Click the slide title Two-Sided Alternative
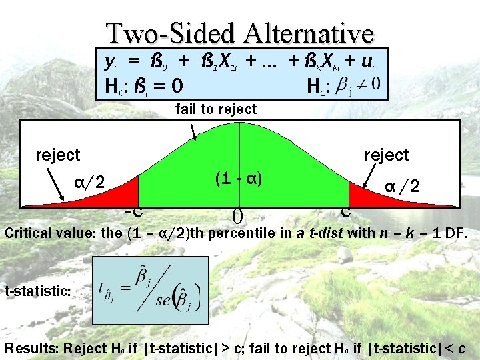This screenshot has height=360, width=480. [241, 33]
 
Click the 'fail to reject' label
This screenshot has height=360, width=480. [215, 109]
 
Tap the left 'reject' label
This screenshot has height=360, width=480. [57, 155]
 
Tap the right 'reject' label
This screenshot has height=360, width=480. [386, 155]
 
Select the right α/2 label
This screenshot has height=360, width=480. [402, 187]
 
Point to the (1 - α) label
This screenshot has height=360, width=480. [237, 179]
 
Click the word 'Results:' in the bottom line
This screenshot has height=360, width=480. [31, 347]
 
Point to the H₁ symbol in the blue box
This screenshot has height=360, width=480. [315, 87]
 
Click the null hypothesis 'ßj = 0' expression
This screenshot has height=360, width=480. [159, 87]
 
